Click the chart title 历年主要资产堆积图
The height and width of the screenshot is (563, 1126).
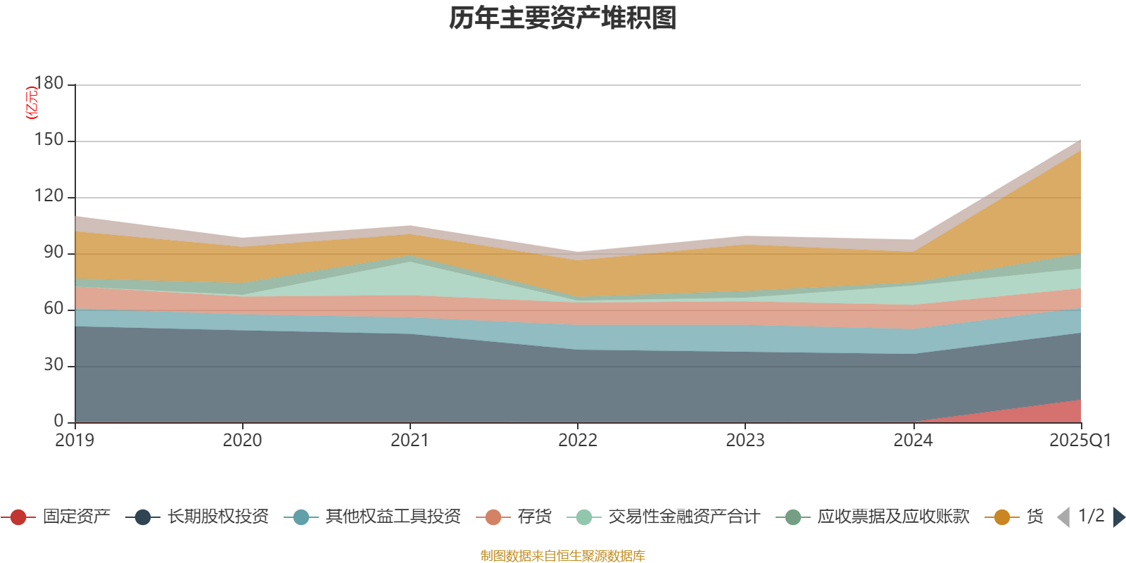pyautogui.click(x=563, y=18)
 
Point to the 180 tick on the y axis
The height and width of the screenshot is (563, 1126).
pyautogui.click(x=49, y=84)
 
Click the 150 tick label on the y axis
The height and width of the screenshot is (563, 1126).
pyautogui.click(x=49, y=140)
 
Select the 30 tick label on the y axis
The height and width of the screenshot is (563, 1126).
pyautogui.click(x=53, y=365)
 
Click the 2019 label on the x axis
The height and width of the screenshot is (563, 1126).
pyautogui.click(x=75, y=441)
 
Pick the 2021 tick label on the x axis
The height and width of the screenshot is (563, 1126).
pyautogui.click(x=410, y=441)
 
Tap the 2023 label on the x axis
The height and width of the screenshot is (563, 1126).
pyautogui.click(x=745, y=441)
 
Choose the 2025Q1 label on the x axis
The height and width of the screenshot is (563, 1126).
pyautogui.click(x=1080, y=441)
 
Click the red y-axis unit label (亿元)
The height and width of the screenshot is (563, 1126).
pyautogui.click(x=31, y=103)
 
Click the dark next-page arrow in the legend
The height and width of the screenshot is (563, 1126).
pyautogui.click(x=1118, y=517)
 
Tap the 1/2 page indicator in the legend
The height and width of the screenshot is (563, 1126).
pyautogui.click(x=1092, y=516)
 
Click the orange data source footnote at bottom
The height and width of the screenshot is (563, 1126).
pyautogui.click(x=563, y=556)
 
